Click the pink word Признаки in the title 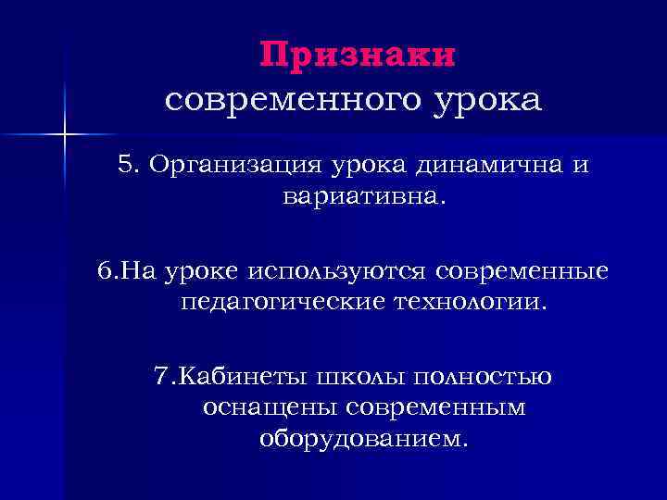coord(358,56)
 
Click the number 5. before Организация coord(129,166)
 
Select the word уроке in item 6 coord(202,271)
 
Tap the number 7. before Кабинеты coord(164,376)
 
